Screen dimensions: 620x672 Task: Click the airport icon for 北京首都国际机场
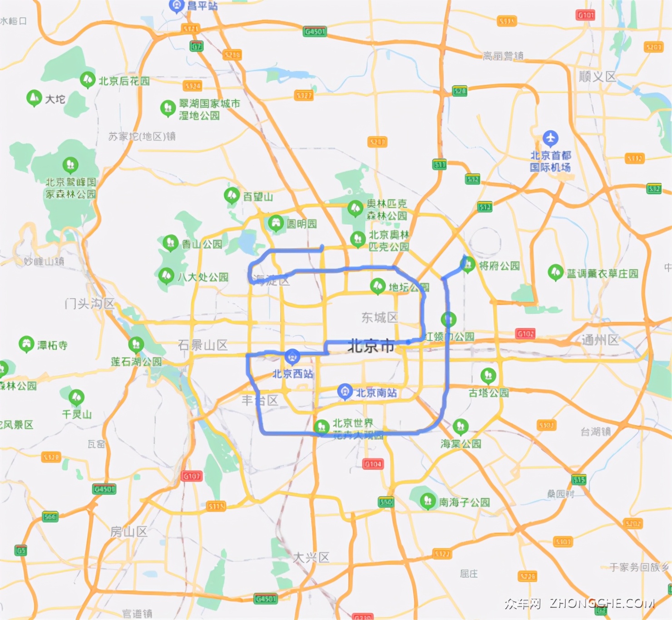[x=550, y=138]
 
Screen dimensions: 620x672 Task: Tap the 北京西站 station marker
[x=292, y=356]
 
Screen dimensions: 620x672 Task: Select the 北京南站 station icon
[x=345, y=391]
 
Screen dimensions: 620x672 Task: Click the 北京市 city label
[x=371, y=346]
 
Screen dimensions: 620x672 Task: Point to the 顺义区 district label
[x=597, y=77]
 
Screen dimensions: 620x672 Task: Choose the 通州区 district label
[x=600, y=340]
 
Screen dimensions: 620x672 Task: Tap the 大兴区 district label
[x=311, y=557]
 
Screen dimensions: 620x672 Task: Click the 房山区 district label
[x=129, y=531]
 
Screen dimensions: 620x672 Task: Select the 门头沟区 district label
[x=89, y=303]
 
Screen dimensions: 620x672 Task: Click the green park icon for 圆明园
[x=275, y=222]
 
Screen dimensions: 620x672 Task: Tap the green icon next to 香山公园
[x=170, y=242]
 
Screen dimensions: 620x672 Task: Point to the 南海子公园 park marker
[x=427, y=501]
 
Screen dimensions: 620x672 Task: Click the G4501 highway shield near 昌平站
[x=315, y=31]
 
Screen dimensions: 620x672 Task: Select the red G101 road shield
[x=585, y=15]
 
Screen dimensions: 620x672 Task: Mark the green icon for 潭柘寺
[x=26, y=344]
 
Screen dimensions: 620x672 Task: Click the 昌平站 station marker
[x=177, y=5]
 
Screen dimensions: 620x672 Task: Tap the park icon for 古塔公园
[x=488, y=375]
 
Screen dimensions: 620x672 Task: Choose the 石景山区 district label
[x=203, y=345]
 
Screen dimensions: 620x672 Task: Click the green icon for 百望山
[x=232, y=195]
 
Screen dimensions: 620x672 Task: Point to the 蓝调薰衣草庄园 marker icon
[x=555, y=272]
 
